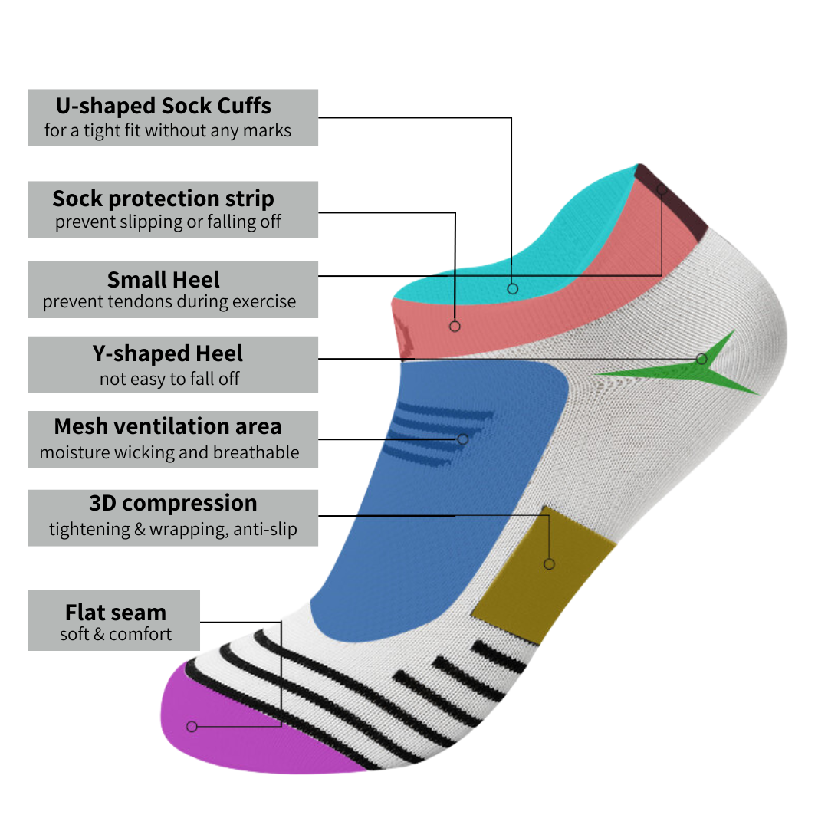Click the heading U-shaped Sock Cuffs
(x=163, y=106)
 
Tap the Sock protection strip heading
(x=163, y=199)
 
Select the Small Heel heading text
(x=163, y=279)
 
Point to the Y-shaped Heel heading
(x=167, y=354)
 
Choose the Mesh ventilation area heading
(x=168, y=426)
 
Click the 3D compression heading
(x=173, y=504)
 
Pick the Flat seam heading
(x=116, y=613)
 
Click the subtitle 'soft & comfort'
(x=116, y=635)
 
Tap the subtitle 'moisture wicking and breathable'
(x=169, y=452)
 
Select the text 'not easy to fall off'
(x=169, y=379)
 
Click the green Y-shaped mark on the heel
(x=690, y=372)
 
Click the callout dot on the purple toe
(x=192, y=726)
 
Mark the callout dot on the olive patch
(x=549, y=564)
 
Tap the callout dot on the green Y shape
(x=701, y=359)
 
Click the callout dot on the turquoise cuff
(x=513, y=288)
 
